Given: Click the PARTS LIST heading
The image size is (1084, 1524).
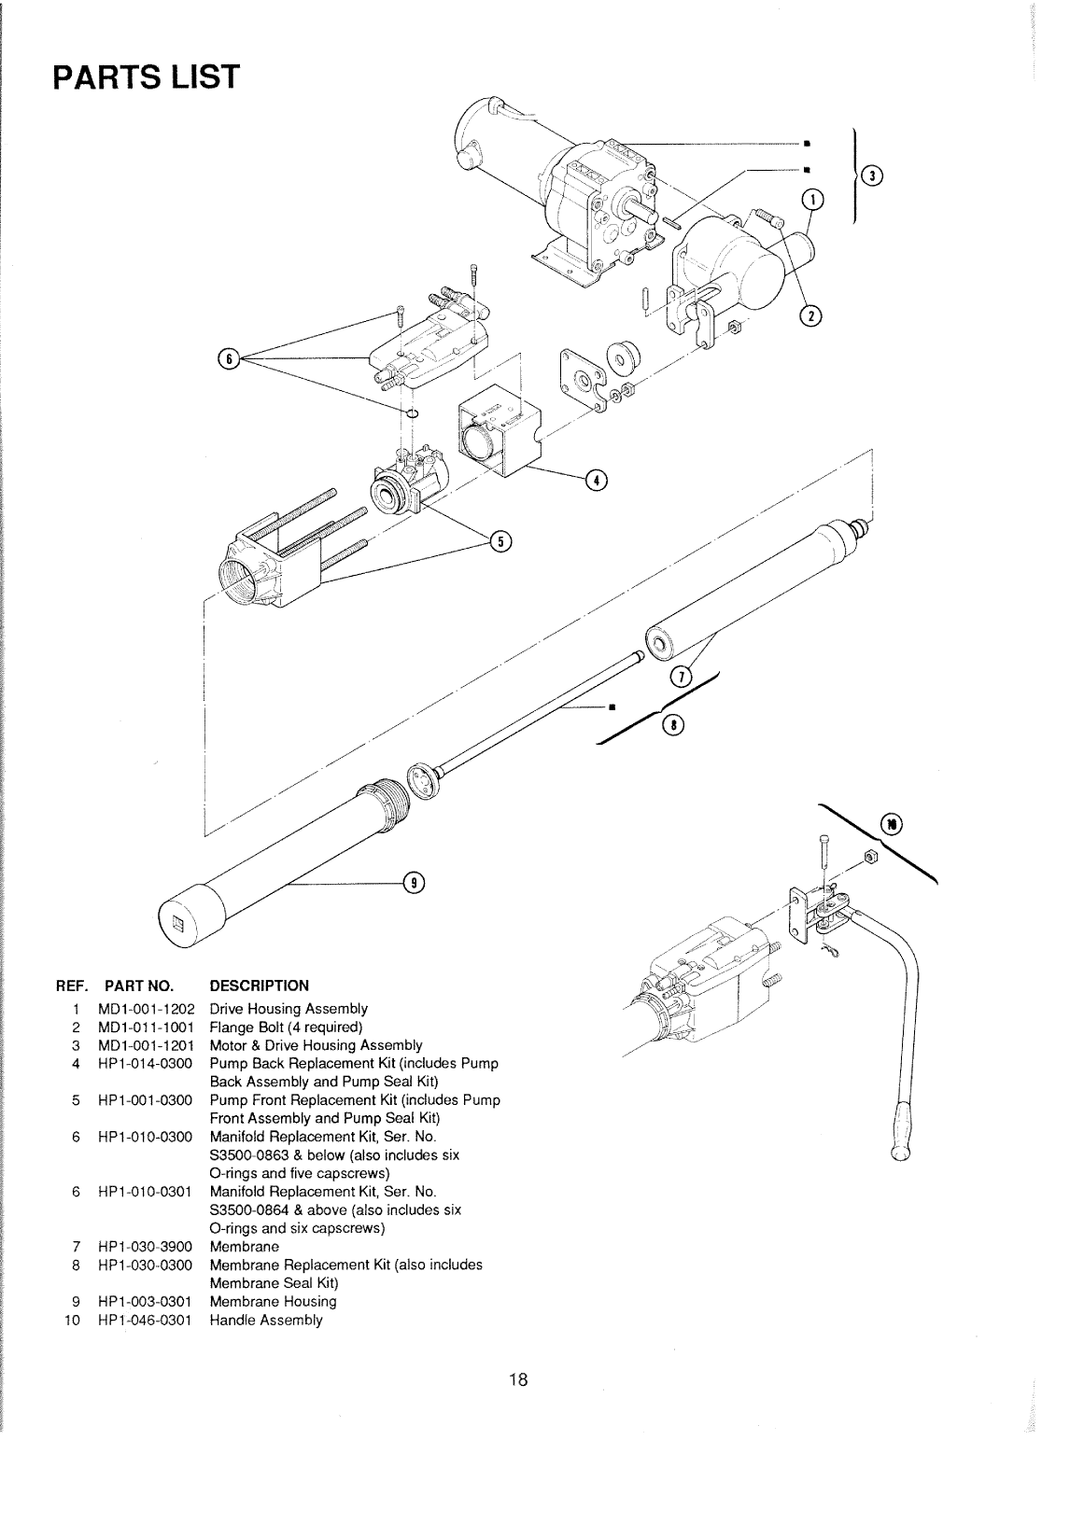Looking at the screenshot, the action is (147, 77).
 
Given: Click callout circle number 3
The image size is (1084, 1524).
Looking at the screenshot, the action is (872, 176).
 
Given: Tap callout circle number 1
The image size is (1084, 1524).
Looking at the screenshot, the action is (813, 200).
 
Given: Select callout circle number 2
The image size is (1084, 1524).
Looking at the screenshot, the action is (810, 315).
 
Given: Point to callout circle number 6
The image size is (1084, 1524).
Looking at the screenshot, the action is (229, 358).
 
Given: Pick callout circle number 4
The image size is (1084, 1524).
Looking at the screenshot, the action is (596, 481).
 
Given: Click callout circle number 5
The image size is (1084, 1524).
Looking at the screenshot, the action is (500, 541).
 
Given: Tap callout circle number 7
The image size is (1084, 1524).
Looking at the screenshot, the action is (682, 677).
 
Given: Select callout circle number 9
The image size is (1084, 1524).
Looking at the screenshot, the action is (414, 883).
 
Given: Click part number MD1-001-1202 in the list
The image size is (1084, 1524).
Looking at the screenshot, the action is (147, 1009).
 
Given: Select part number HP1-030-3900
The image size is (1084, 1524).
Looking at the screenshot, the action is (145, 1247).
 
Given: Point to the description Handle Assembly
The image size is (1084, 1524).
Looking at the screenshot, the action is (266, 1321).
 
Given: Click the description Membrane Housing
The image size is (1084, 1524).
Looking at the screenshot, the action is (273, 1302).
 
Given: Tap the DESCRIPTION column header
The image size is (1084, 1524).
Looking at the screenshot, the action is (260, 986).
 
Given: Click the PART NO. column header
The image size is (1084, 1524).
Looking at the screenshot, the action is (139, 986).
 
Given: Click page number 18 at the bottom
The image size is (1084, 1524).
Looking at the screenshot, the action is (518, 1379).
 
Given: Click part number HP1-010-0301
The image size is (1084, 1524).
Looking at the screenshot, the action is (145, 1192).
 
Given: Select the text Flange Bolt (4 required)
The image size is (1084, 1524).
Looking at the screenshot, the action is (286, 1028).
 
